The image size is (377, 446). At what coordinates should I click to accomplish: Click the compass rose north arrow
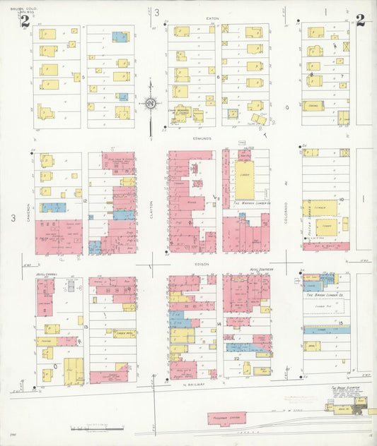click(x=151, y=104)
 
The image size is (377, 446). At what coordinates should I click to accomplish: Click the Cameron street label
click(x=28, y=211)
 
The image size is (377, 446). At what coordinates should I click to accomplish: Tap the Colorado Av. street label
click(x=286, y=212)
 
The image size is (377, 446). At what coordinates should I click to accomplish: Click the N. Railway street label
click(x=194, y=385)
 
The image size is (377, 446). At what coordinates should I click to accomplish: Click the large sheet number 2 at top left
click(x=25, y=20)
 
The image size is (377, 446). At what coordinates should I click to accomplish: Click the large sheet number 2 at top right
click(x=360, y=20)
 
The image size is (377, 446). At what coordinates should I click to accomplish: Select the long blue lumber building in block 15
click(x=326, y=330)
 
